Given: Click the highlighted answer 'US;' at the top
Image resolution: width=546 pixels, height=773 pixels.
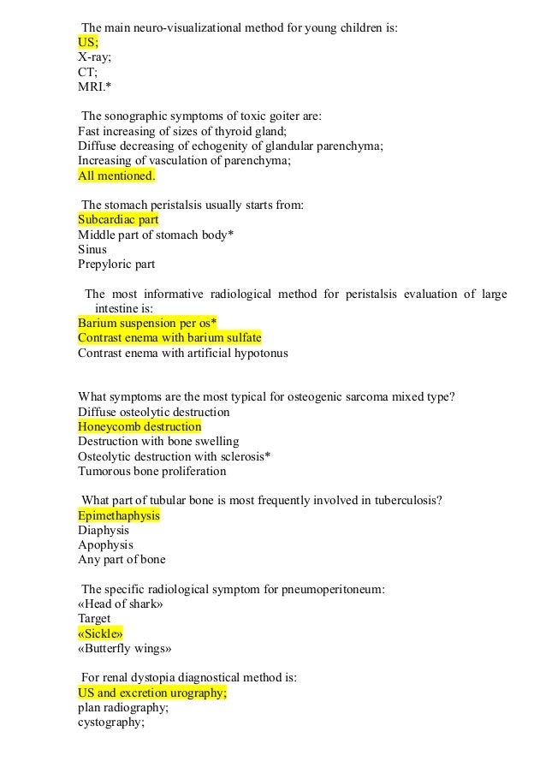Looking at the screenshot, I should click(88, 41).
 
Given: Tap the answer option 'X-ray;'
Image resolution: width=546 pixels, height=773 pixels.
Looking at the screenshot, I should click(94, 56).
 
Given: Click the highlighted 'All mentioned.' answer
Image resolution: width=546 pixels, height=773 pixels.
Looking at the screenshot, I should click(116, 175).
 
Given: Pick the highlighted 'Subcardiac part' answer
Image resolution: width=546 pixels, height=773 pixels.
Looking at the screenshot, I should click(118, 219).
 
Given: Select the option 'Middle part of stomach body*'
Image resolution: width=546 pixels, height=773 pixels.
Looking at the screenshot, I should click(156, 235).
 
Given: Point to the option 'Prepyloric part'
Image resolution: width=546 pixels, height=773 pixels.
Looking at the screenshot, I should click(116, 265).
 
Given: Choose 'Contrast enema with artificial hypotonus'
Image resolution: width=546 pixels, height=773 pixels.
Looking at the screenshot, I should click(182, 353).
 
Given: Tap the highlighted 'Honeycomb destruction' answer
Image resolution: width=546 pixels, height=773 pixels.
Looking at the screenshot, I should click(139, 426).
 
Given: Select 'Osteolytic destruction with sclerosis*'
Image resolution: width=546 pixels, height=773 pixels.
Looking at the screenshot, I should click(174, 456).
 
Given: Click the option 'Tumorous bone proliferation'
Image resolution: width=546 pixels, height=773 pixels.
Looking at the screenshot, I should click(151, 471).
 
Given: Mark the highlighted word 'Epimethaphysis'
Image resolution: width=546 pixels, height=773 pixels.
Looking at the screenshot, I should click(119, 515).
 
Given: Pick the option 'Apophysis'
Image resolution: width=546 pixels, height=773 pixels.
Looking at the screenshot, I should click(105, 544).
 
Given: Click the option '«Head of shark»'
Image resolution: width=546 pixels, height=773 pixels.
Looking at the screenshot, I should click(120, 604).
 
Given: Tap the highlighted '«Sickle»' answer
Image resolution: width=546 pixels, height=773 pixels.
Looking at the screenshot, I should click(100, 633).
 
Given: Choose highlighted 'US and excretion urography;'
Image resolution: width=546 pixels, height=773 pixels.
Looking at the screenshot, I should click(152, 693).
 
